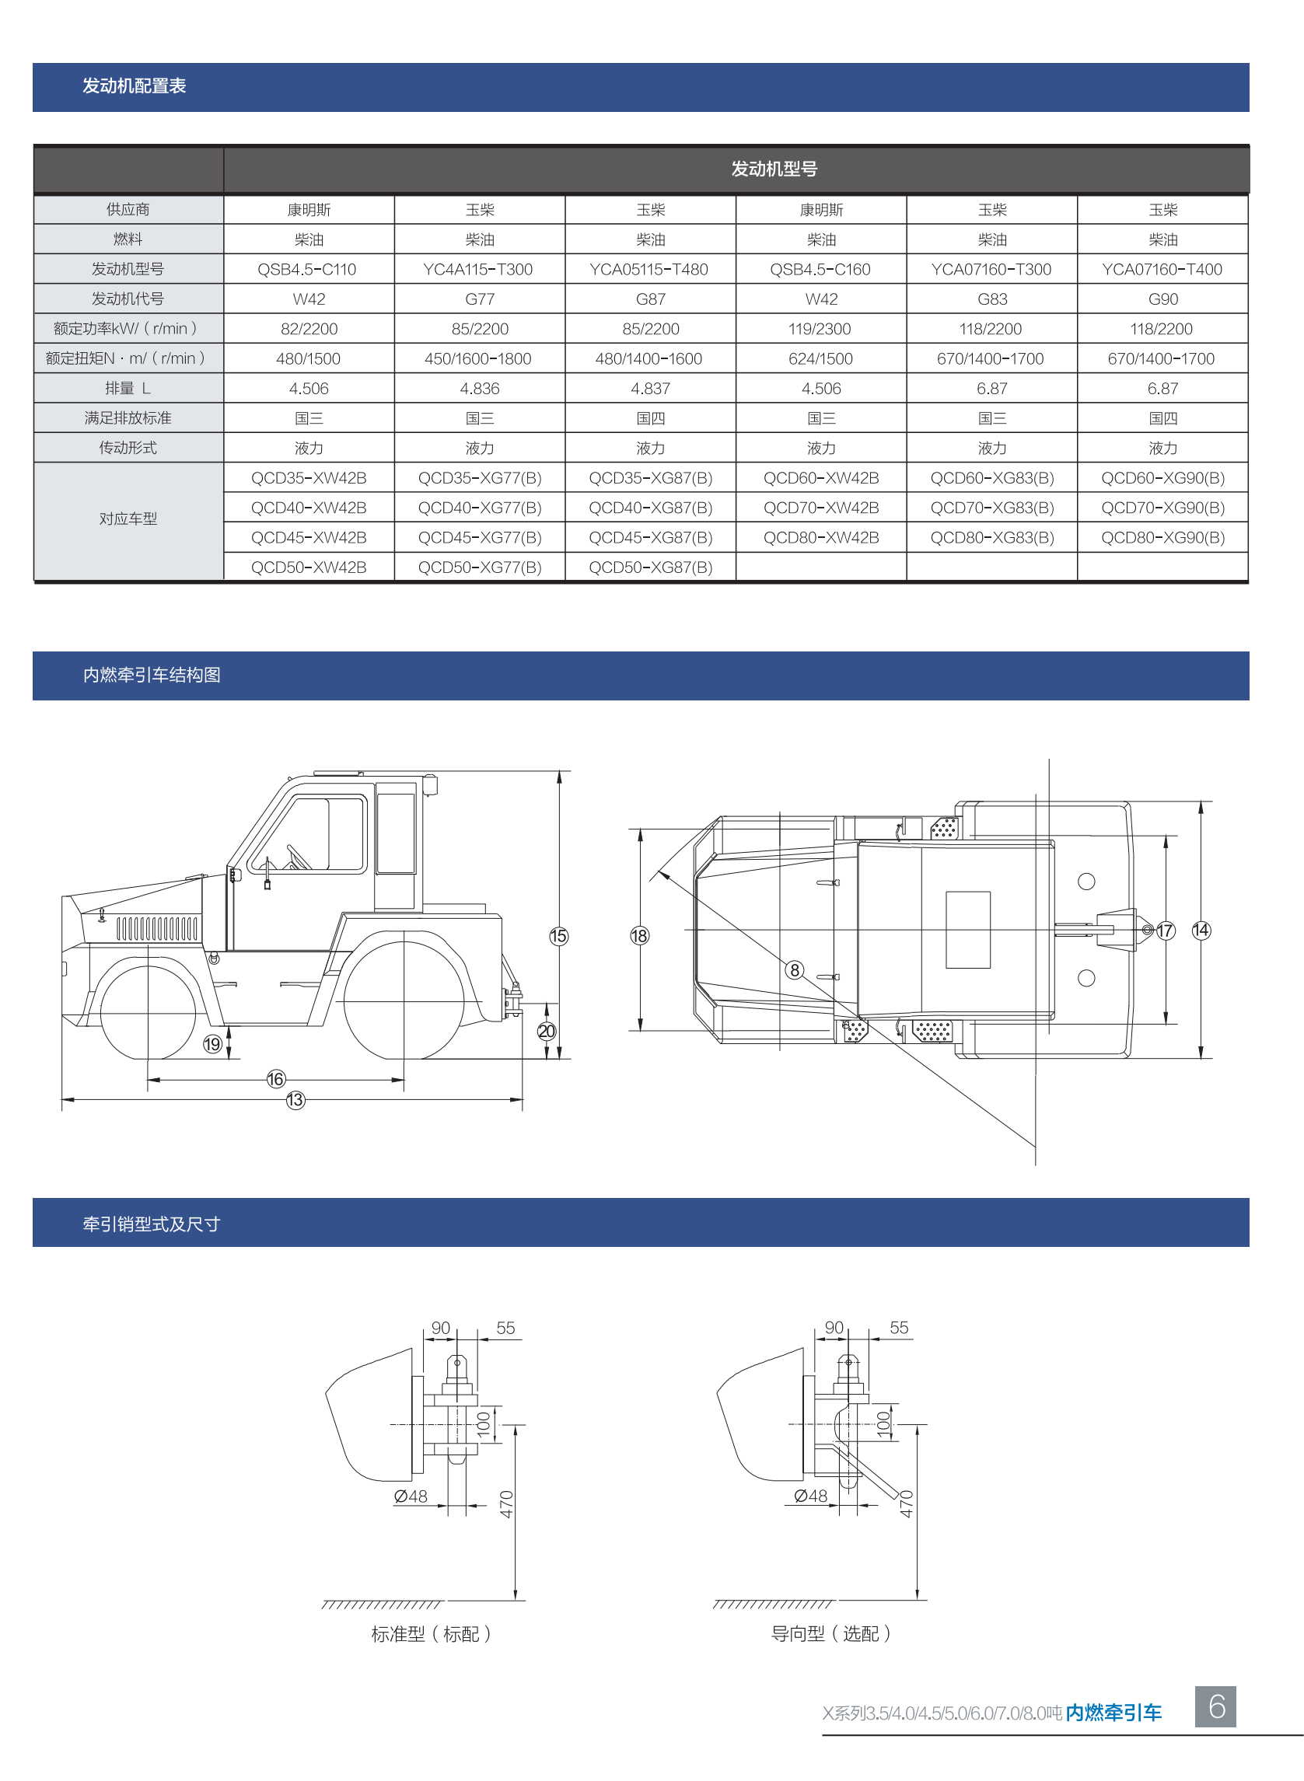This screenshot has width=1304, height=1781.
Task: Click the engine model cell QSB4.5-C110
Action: [307, 269]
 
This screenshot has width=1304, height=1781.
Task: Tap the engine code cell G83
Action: [992, 299]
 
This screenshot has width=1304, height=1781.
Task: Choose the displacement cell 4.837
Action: [650, 389]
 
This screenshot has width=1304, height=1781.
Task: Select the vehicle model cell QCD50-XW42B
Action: [309, 567]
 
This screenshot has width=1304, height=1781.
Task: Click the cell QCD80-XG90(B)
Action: [1162, 537]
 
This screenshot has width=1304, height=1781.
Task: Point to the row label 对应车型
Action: [128, 519]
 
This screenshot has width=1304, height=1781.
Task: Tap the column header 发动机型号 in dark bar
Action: [774, 169]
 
